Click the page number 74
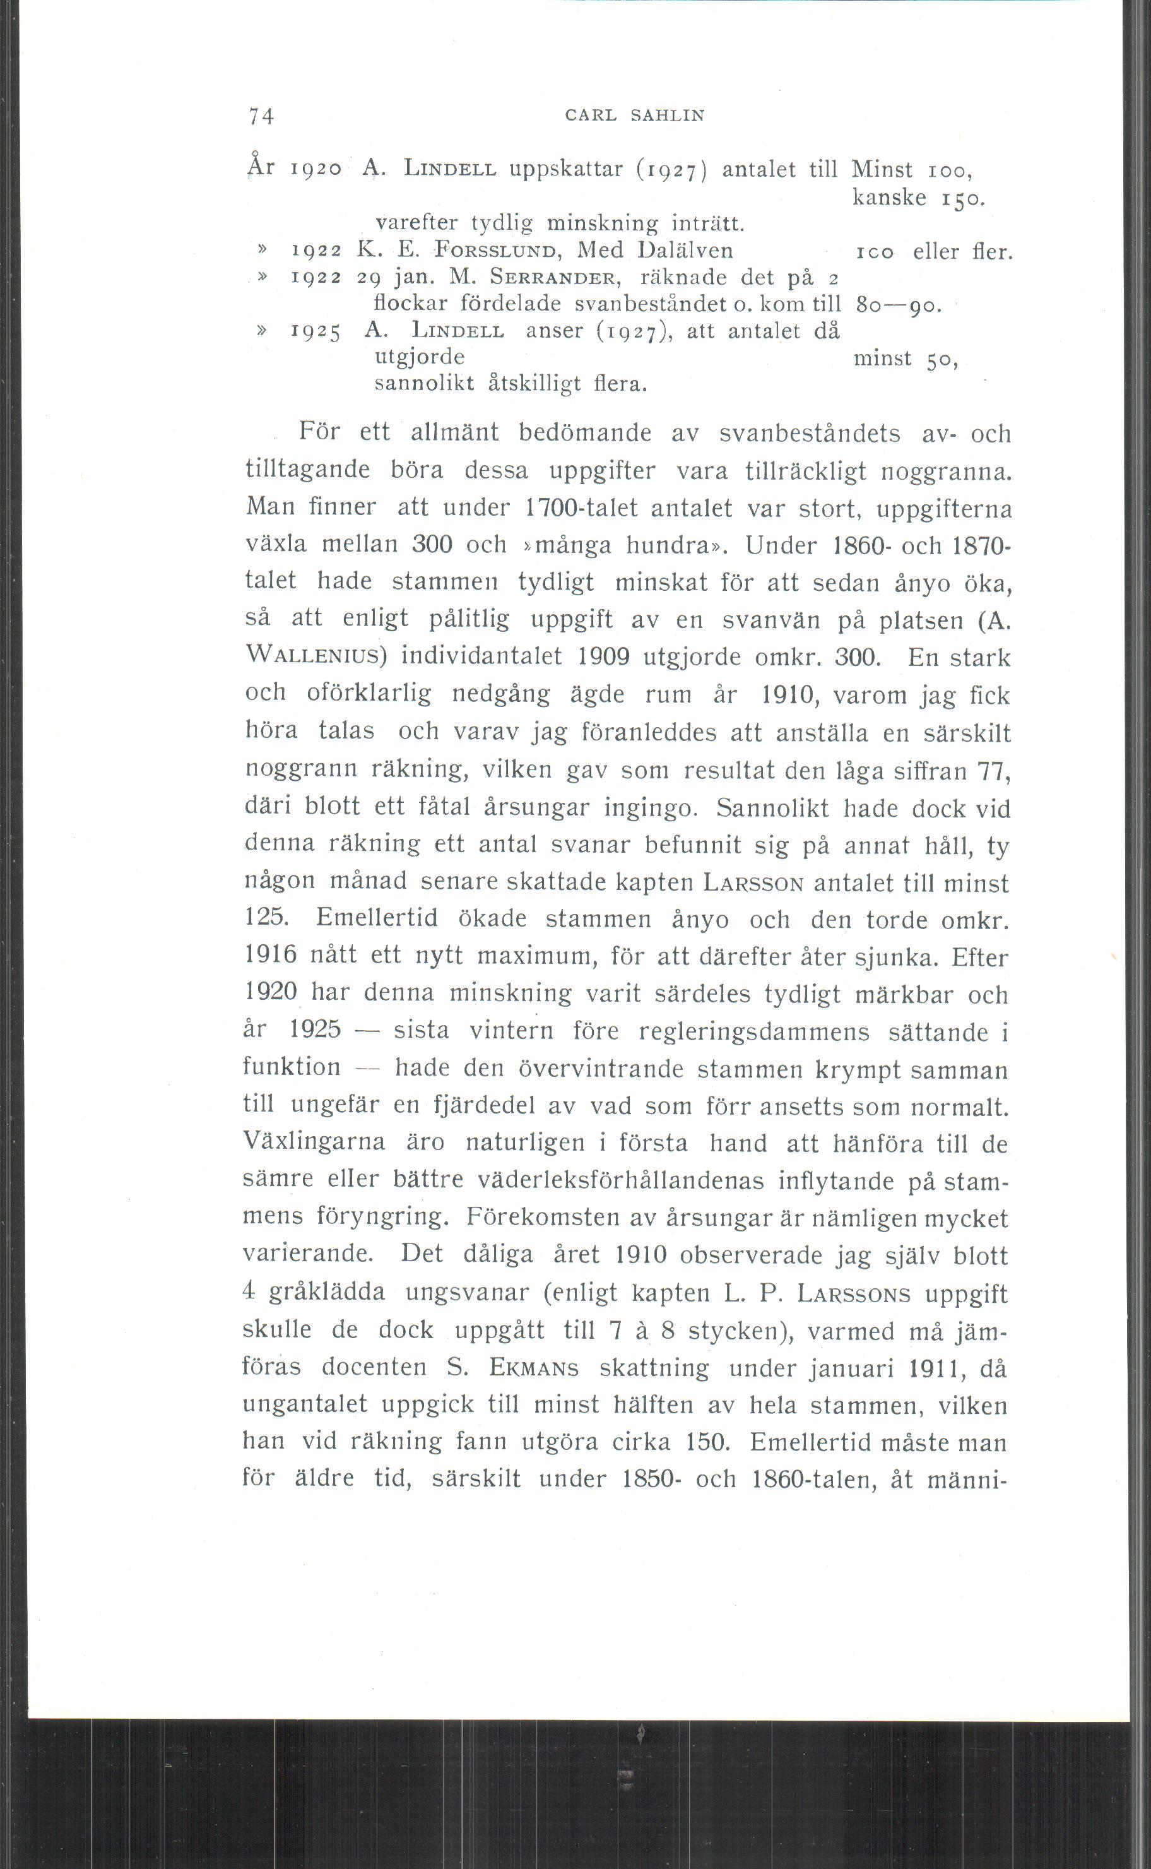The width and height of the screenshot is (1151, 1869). pos(261,116)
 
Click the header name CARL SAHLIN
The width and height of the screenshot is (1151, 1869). pos(635,116)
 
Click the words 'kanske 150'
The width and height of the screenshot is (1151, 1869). pos(919,198)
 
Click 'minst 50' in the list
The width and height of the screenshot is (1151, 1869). pos(905,358)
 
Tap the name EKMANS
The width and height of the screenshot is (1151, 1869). pos(533,1368)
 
